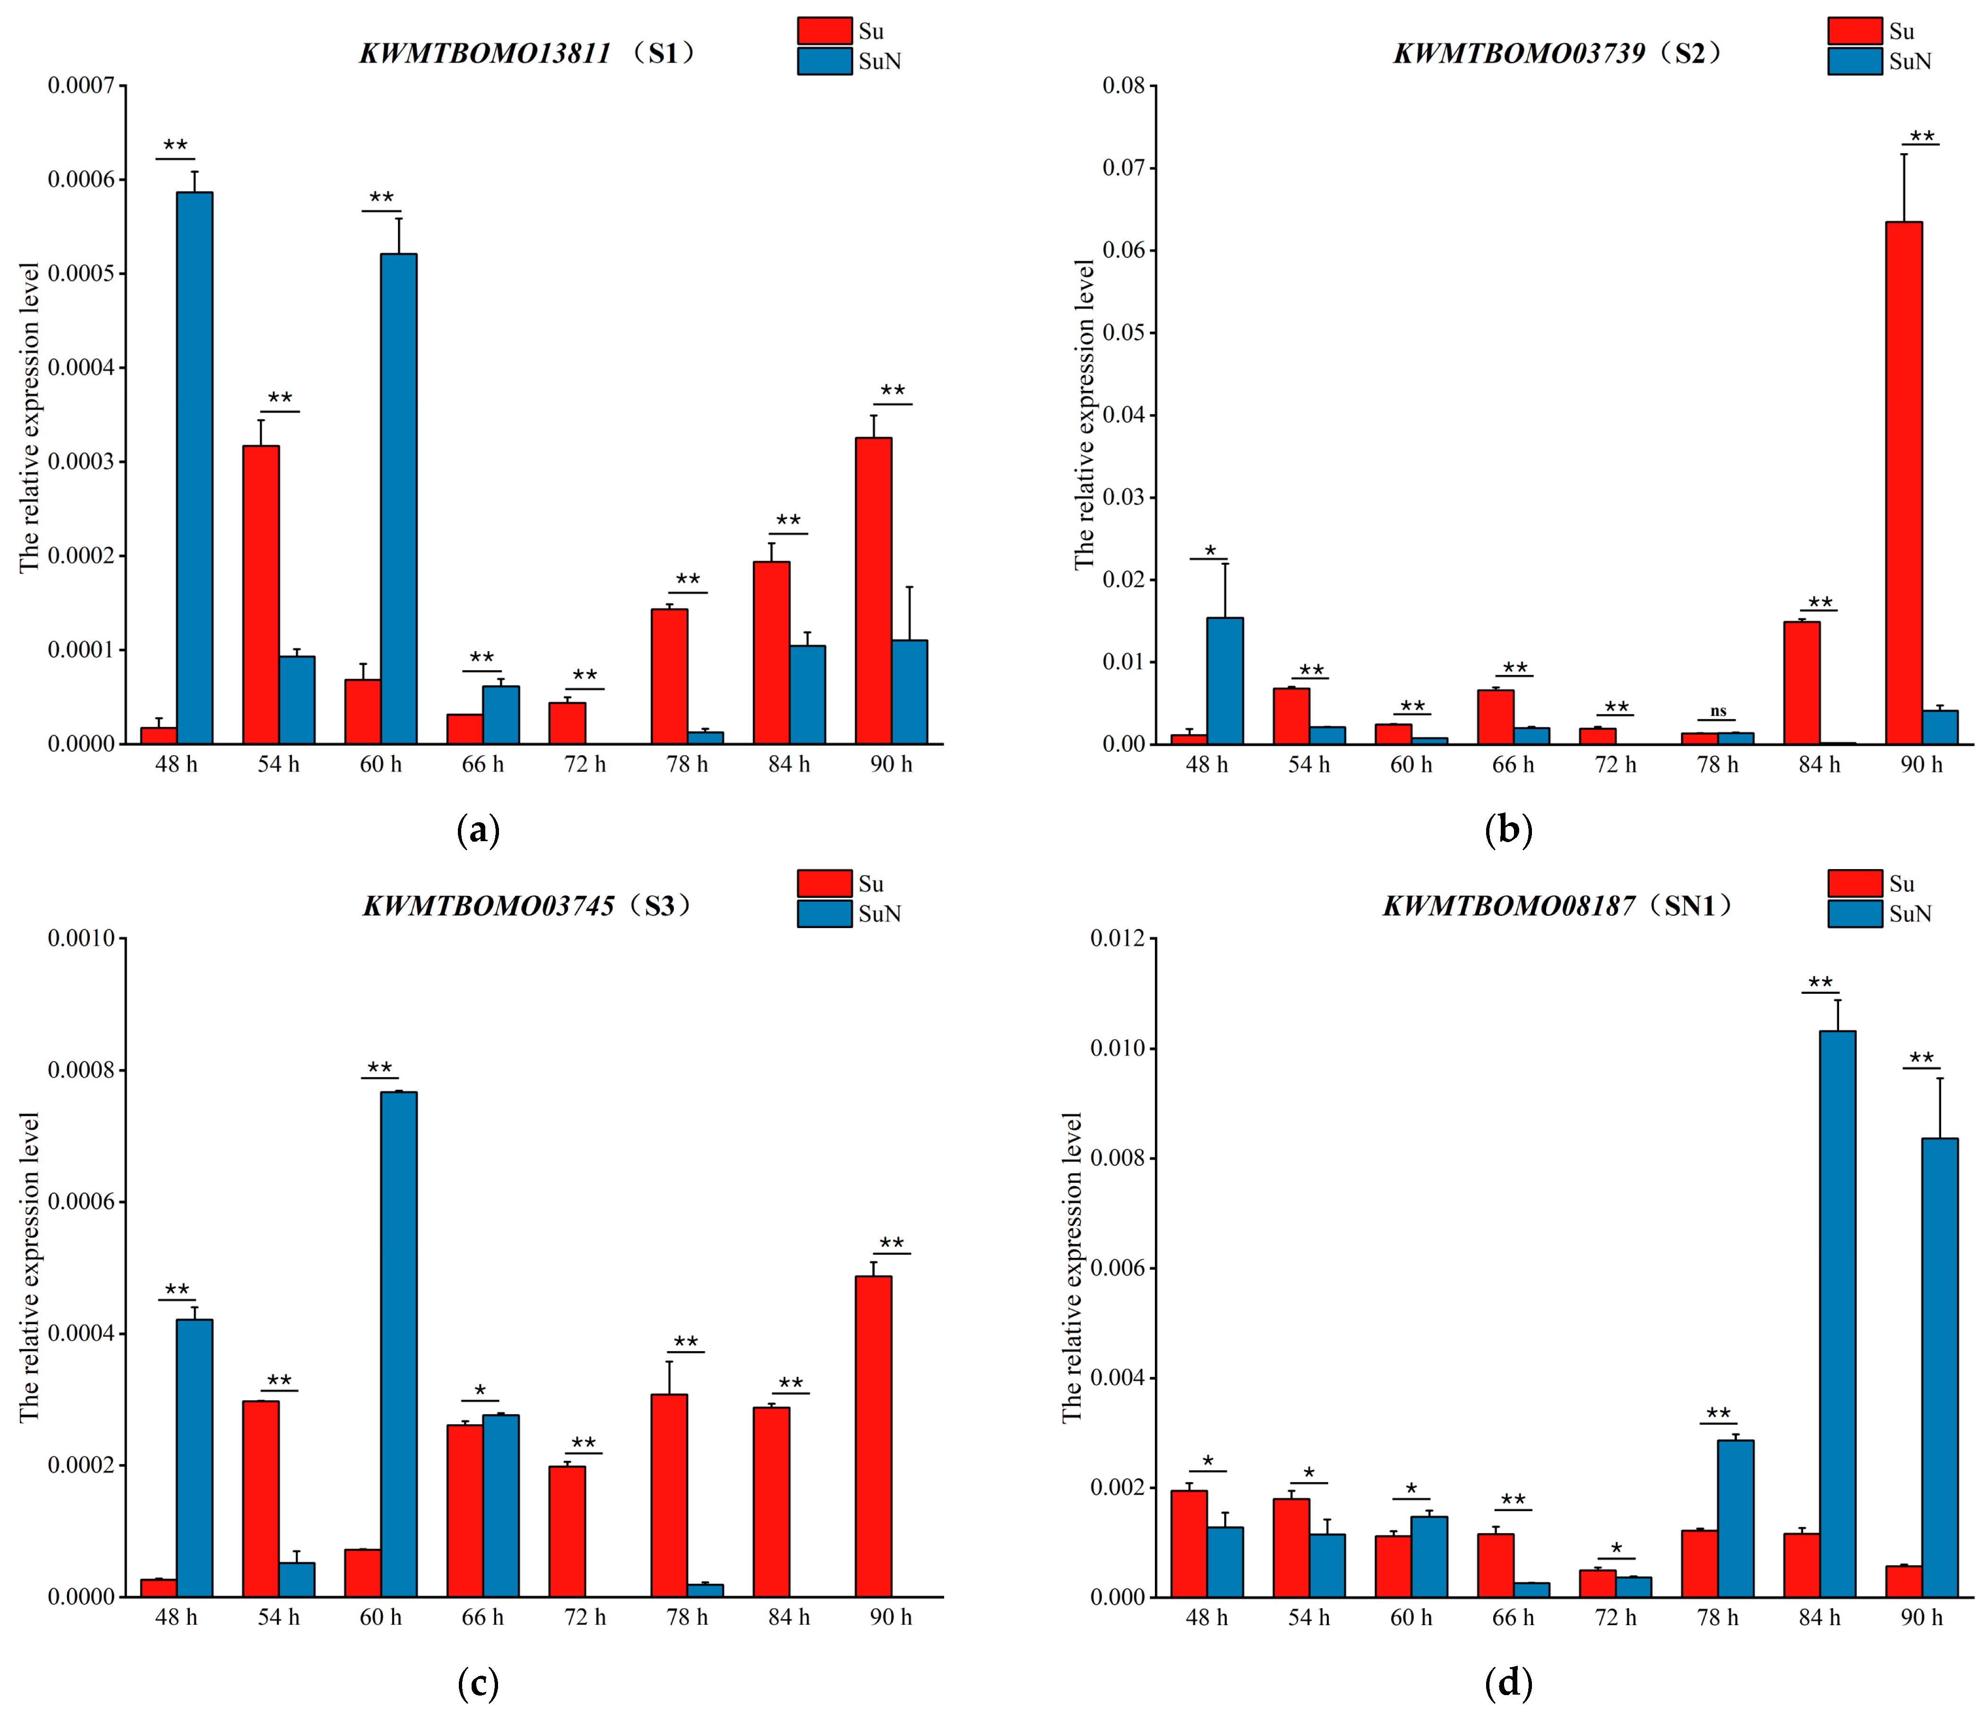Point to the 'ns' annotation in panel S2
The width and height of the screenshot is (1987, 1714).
(1718, 711)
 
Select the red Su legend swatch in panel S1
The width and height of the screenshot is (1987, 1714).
(824, 31)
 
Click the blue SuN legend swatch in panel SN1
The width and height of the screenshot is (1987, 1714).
(1854, 913)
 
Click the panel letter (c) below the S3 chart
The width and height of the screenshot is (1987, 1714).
(478, 1681)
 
